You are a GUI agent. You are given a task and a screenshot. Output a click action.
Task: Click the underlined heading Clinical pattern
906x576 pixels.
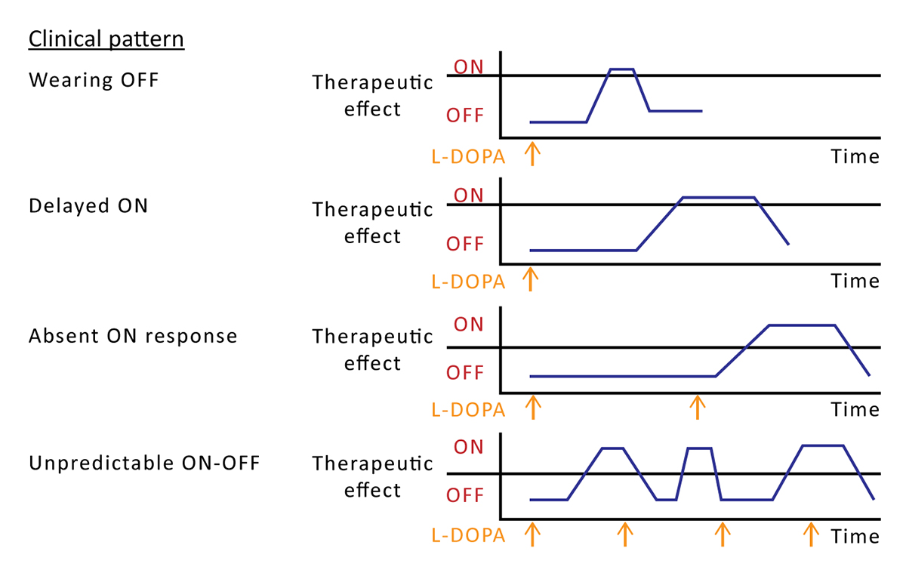coord(106,39)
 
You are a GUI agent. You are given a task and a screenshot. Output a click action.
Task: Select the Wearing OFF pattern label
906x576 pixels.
coord(94,79)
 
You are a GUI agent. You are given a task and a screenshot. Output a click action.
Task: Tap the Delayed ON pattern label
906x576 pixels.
coord(88,205)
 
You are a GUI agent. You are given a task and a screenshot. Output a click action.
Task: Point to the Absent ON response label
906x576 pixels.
coord(133,335)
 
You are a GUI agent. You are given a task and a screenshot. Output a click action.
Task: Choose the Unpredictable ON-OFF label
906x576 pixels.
coord(144,463)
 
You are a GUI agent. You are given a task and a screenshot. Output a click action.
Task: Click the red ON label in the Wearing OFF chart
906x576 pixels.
coord(468,66)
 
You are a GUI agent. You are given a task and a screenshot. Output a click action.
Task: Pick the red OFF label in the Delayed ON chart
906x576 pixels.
coord(465,245)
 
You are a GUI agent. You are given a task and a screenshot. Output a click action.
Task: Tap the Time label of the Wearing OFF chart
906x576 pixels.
coord(855,156)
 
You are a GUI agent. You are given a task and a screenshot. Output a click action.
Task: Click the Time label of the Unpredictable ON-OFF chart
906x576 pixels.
coord(855,537)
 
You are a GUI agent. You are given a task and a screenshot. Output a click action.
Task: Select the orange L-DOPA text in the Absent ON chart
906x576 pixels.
coord(468,410)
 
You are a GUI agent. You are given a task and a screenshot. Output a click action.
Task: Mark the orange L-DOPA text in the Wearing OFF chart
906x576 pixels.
coord(468,156)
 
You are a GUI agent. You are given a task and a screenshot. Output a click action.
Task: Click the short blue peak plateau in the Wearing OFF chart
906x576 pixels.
coord(621,69)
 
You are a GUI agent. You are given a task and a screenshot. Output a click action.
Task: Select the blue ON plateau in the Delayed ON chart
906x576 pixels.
coord(718,198)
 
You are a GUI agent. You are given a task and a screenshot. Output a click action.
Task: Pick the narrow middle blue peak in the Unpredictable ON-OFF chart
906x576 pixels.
coord(699,448)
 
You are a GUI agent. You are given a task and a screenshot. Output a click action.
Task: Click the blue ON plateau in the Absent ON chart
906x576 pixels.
coord(802,325)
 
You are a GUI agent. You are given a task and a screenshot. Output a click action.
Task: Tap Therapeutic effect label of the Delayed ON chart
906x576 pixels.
coord(373,222)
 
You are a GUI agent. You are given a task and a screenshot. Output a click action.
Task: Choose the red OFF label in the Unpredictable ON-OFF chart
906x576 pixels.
coord(465,496)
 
